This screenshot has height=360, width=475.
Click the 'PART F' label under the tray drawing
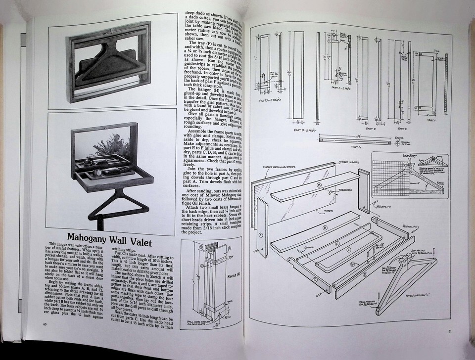tap(431, 120)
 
